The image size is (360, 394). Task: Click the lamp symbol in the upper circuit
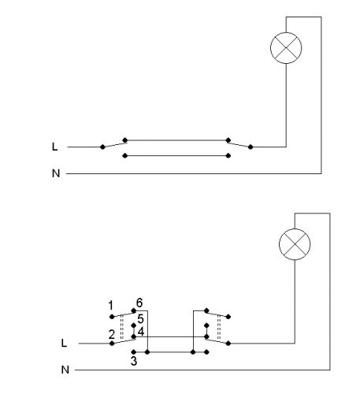286,48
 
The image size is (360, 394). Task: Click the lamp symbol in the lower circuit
295,244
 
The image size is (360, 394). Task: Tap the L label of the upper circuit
54,147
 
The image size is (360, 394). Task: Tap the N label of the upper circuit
56,173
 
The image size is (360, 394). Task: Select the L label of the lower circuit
64,343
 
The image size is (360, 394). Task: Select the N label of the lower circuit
65,370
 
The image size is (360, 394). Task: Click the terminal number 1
111,306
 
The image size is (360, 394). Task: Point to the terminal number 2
112,334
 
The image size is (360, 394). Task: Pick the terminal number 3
134,361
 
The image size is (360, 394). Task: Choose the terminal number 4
141,332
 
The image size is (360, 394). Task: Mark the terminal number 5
140,319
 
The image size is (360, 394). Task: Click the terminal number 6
139,303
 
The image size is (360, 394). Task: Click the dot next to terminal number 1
112,317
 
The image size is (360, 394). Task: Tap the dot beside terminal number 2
112,344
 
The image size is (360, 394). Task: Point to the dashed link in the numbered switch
121,327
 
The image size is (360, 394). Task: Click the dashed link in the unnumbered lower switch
219,327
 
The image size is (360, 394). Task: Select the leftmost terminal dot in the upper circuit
102,147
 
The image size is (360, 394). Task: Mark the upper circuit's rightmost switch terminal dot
251,147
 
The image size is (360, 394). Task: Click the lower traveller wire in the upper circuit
176,156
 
